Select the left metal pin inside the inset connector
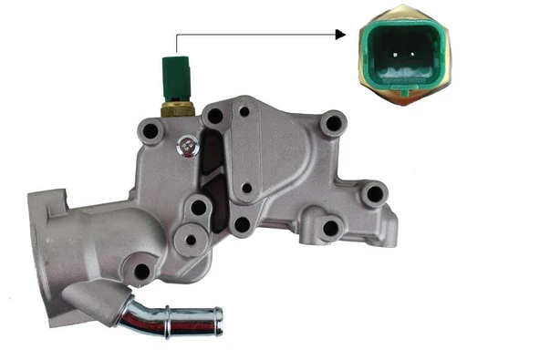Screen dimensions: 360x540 [397, 51]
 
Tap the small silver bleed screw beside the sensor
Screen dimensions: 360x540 [187, 146]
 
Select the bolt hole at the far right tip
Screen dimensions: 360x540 [372, 194]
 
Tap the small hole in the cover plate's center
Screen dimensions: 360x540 [244, 189]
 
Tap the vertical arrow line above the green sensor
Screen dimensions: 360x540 [175, 46]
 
